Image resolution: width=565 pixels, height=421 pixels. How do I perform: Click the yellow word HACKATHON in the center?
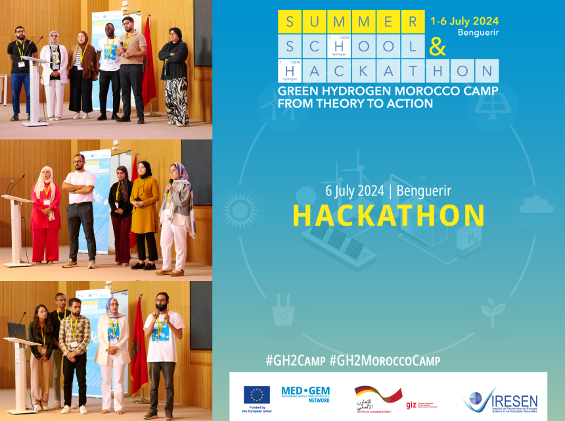(x=388, y=216)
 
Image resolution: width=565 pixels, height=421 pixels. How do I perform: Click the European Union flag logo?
(x=256, y=395)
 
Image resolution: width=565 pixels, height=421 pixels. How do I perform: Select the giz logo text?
(x=412, y=404)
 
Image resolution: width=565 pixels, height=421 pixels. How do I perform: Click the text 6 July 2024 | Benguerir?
(x=388, y=191)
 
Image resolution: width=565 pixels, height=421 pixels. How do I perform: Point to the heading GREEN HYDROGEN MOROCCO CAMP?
(x=388, y=91)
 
